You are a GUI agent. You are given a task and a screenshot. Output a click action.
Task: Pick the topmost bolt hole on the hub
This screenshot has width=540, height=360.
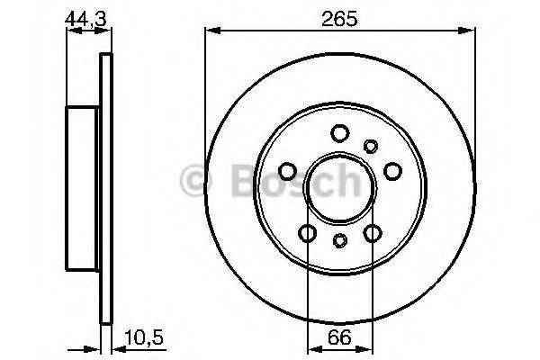[340, 134]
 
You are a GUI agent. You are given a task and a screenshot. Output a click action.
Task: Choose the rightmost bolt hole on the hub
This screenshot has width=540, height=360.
[392, 171]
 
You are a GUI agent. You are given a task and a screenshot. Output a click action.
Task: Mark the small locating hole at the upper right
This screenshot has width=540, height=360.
[370, 146]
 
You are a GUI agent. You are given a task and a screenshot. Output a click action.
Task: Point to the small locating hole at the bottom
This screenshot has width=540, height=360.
[340, 240]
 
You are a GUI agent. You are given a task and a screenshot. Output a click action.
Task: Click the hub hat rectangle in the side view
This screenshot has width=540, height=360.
[84, 187]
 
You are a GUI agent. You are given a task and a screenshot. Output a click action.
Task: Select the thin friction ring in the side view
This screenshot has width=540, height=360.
[105, 187]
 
